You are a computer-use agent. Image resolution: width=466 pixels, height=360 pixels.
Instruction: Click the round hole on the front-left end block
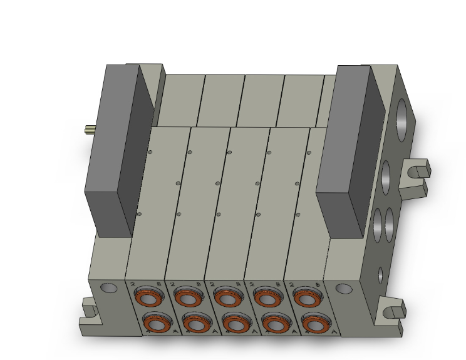tap(108, 288)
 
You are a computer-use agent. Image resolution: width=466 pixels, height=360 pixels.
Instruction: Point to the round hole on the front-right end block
tap(343, 289)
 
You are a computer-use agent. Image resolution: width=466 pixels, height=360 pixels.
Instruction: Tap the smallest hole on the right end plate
tap(381, 274)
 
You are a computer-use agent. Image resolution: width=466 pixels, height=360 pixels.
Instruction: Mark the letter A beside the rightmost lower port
tap(331, 331)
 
